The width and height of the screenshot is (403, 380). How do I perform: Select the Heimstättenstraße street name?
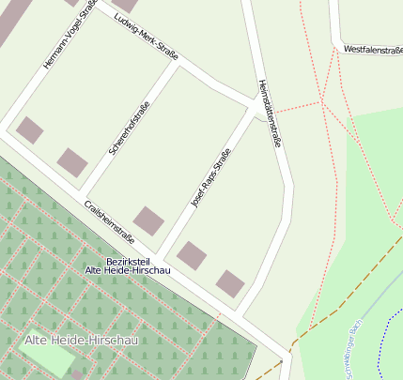coord(271,114)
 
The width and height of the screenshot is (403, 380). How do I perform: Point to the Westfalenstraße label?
coord(373,49)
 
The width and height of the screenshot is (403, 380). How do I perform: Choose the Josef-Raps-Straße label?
coord(210,176)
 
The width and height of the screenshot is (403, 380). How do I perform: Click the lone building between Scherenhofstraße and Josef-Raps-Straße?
coord(148,221)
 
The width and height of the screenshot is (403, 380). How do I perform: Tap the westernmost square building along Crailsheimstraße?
coord(30,129)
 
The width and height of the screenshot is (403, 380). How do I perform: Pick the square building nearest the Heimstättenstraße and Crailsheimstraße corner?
coord(230,282)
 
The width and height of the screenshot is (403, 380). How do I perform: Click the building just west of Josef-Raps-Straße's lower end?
coord(192,255)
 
